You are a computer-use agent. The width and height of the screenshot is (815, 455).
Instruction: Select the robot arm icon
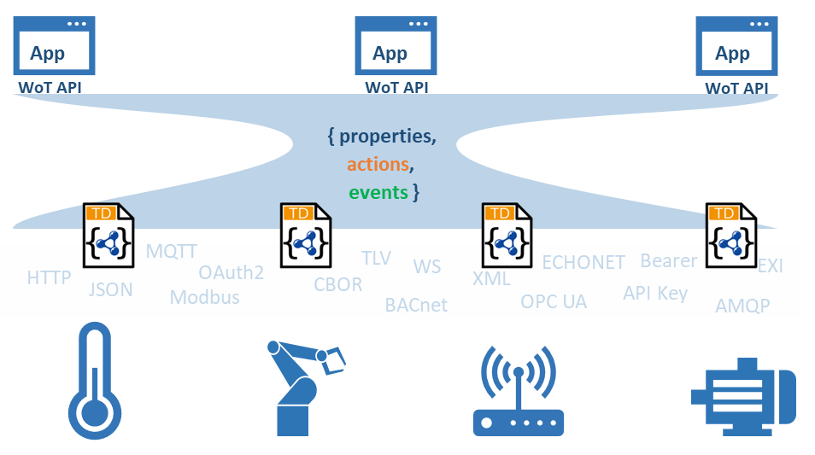coord(302,388)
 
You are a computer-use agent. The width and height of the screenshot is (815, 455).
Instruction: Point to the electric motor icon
coord(742,392)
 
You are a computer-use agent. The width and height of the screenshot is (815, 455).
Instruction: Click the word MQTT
coord(172,252)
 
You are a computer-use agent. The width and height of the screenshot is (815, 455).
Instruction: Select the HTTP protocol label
coord(49,278)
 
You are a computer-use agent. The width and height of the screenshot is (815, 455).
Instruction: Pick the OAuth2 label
coord(231,273)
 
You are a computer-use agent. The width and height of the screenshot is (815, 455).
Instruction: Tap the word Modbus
coord(204,298)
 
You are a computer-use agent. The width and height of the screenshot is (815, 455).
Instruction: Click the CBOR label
coord(337,285)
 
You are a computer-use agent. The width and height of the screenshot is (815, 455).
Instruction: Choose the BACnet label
coord(415,305)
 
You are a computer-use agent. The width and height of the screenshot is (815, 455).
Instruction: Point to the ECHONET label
coord(583,262)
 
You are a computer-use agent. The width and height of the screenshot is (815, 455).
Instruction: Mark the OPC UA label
coord(554,302)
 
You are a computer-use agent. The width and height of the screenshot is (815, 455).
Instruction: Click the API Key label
coord(654,294)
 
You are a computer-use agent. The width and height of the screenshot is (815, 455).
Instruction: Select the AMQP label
coord(742,306)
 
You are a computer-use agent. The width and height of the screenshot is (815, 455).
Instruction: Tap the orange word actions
coord(378,164)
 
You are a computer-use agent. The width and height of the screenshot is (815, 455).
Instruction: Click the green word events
coord(378,192)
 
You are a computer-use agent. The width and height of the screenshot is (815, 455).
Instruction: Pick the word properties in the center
coord(387,136)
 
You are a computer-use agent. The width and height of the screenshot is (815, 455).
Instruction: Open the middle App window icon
coord(396,47)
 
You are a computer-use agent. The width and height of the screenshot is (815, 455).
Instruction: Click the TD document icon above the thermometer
coord(108,236)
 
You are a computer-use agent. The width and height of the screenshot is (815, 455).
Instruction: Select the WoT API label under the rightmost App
coord(736,88)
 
